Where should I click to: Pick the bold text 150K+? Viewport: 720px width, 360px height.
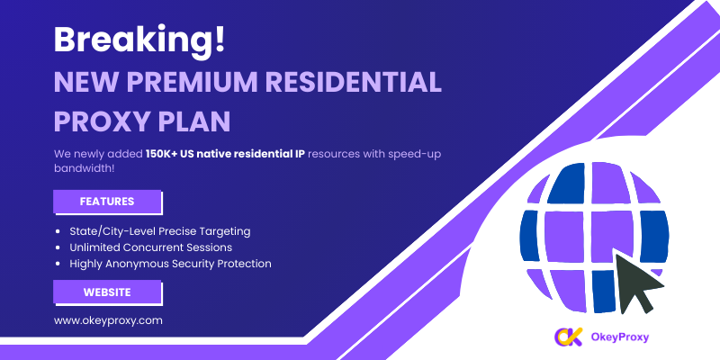pos(162,153)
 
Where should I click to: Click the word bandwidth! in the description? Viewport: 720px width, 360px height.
pos(84,168)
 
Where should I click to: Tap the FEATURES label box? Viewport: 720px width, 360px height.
pos(107,202)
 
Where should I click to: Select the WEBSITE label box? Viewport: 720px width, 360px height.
pos(107,292)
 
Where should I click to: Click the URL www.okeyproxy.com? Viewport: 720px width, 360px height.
pos(108,320)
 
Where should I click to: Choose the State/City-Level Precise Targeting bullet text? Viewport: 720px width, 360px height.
pos(160,231)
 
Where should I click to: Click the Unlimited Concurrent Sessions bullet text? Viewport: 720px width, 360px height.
pos(150,247)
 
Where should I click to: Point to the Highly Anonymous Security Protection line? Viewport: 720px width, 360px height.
pos(170,264)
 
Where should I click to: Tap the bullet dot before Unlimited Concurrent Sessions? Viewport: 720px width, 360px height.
pos(58,247)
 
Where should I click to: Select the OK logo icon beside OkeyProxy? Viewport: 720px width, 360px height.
pos(569,337)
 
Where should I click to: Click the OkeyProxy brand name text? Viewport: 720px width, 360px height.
pos(620,337)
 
